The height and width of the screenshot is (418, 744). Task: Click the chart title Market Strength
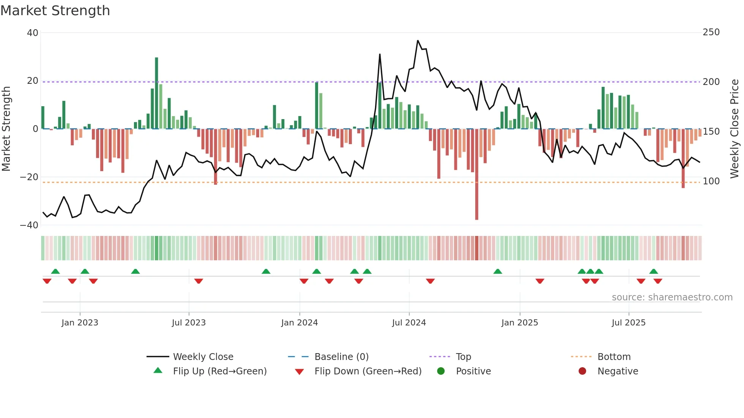coord(55,11)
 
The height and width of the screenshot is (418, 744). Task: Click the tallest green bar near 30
coord(156,93)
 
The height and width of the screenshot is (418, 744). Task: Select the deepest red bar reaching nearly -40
coord(477,174)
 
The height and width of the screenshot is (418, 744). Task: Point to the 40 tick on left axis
coord(33,33)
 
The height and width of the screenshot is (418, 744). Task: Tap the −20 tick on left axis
coord(29,177)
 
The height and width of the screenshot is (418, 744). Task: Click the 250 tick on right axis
coord(711,32)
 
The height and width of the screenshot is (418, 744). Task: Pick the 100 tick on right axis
coord(711,181)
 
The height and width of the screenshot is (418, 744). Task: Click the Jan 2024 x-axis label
coord(299,323)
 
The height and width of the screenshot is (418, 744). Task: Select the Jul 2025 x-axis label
coord(629,323)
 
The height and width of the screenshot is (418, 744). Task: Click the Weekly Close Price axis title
coord(735,129)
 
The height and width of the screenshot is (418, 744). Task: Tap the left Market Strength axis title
coord(6,129)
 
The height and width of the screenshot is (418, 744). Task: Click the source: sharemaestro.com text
coord(672,297)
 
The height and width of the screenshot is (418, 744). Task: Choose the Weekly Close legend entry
coord(203,357)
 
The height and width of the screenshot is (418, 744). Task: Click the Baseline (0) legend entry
coord(341,357)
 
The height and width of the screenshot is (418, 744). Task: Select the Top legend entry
coord(463,357)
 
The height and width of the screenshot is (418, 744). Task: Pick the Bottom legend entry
coord(614,357)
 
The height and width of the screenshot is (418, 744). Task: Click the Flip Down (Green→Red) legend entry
coord(368,371)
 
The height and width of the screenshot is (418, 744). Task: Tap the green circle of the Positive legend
coord(441,371)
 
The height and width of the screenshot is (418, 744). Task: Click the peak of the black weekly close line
coord(418,41)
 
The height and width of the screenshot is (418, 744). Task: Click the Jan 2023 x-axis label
coord(80,323)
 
